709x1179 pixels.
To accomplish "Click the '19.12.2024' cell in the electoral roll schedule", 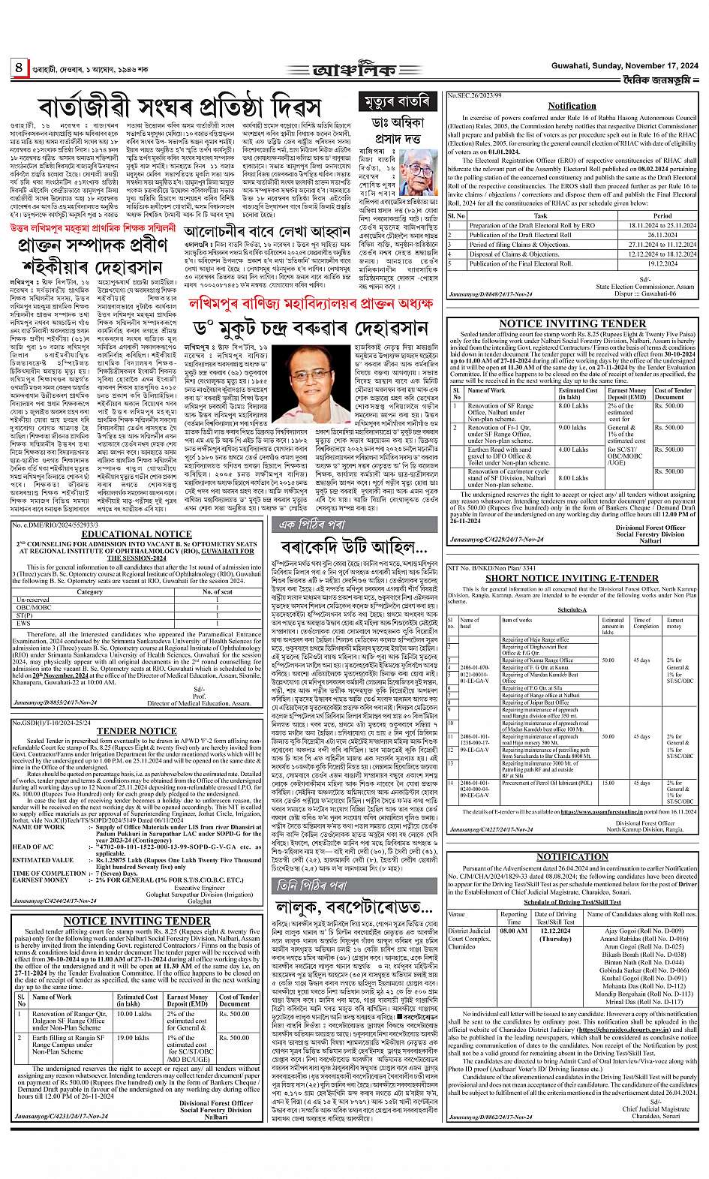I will [x=642, y=263].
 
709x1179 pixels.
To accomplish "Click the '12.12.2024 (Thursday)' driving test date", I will [x=555, y=935].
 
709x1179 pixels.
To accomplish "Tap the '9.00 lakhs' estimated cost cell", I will [x=572, y=428].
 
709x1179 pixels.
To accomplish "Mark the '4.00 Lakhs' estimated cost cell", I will [x=574, y=450].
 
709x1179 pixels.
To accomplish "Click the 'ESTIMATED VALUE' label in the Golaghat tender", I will [x=43, y=860].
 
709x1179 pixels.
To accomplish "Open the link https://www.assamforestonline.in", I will [x=605, y=812].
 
